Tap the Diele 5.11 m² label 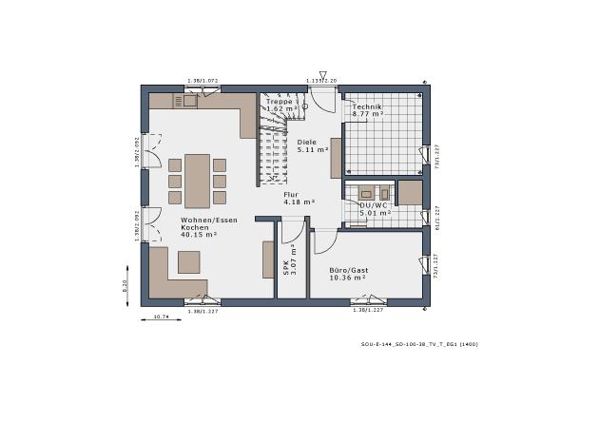click(312, 145)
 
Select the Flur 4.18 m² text click(298, 198)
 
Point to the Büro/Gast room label click(348, 273)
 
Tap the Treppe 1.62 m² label click(281, 105)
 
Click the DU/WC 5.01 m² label click(374, 208)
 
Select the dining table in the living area click(198, 180)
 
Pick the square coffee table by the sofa click(189, 261)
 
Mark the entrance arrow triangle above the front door click(323, 75)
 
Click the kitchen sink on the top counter click(190, 99)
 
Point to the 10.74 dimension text click(161, 317)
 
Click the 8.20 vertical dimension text click(125, 285)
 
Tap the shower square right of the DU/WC click(410, 192)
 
